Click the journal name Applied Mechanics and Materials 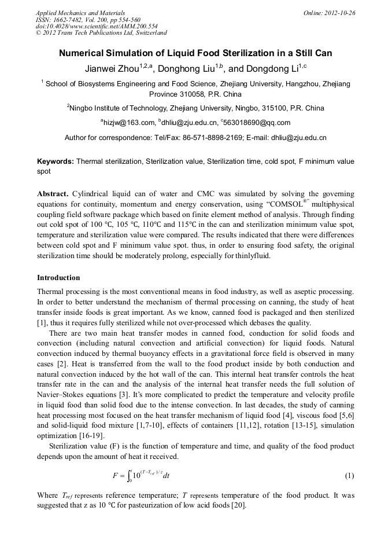tap(80, 12)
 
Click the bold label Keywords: tap(56, 162)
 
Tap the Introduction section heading tap(58, 278)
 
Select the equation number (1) tap(349, 476)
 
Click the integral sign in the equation tap(131, 476)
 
